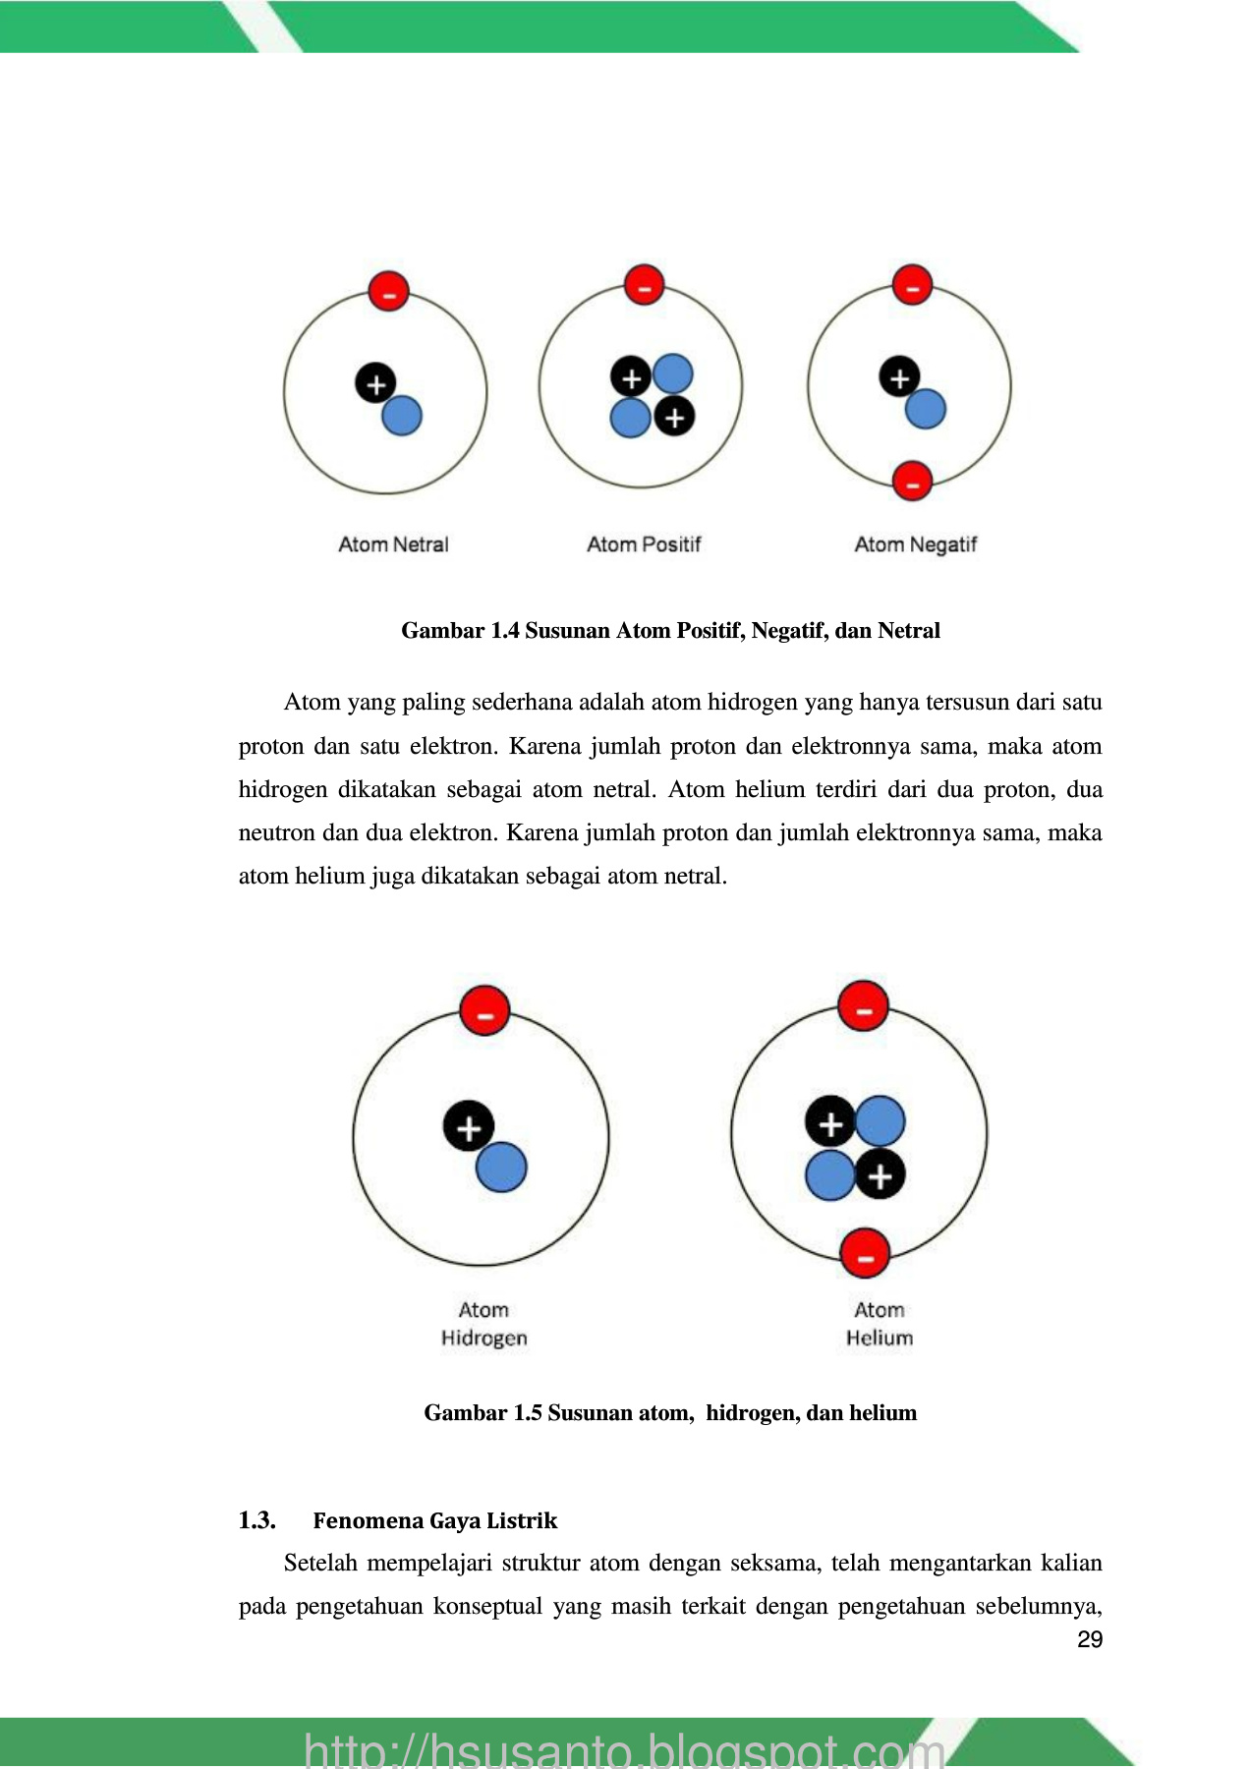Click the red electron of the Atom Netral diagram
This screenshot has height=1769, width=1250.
[x=388, y=291]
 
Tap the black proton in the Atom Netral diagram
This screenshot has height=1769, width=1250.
[x=375, y=383]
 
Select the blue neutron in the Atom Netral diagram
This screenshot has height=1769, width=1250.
[x=401, y=416]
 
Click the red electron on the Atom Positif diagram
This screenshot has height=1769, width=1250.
[x=645, y=286]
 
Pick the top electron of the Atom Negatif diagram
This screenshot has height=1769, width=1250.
[x=912, y=285]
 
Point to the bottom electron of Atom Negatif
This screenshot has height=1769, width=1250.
[x=912, y=482]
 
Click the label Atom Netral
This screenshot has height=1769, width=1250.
[x=393, y=544]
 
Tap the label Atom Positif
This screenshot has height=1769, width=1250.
[x=644, y=544]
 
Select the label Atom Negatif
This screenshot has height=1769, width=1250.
[x=916, y=544]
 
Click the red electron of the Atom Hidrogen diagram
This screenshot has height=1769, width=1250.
[x=484, y=1011]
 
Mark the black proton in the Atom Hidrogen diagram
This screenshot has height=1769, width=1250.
[x=469, y=1126]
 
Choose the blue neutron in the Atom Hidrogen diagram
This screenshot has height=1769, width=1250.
[x=501, y=1168]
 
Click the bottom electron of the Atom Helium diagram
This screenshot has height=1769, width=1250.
[x=865, y=1254]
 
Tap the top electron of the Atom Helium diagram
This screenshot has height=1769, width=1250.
[x=864, y=1006]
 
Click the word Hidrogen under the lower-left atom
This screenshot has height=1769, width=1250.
[x=484, y=1339]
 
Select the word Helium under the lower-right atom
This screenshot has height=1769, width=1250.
[x=880, y=1339]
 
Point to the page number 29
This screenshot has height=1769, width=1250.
[x=1090, y=1639]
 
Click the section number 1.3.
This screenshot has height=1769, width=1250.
[x=256, y=1520]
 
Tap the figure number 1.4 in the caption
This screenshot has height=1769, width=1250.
[x=504, y=631]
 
